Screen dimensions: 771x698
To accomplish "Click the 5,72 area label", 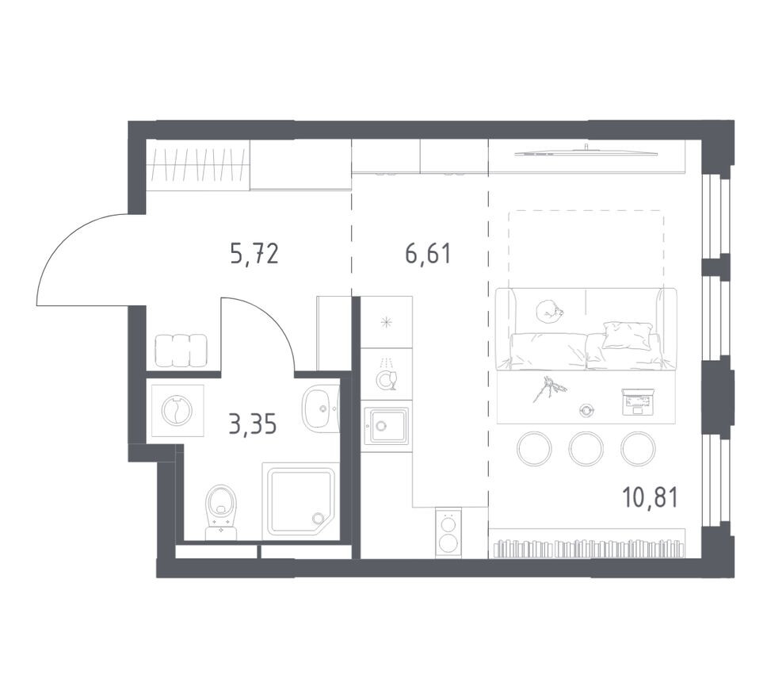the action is pos(254,254).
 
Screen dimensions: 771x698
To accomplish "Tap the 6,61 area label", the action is pos(428,254).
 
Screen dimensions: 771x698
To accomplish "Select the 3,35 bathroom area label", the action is pos(253,424).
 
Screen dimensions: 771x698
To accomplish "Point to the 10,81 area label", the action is pos(650,497).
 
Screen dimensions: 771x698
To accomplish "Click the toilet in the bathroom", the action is pos(221,512).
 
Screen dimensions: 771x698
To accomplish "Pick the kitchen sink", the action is pos(386,425).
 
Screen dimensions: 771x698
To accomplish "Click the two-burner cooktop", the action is pos(448,532).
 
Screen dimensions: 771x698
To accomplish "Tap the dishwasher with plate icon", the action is pos(386,374).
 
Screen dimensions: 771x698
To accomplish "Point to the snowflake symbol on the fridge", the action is pos(387,323).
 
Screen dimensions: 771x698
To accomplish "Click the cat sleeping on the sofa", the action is pos(549,311).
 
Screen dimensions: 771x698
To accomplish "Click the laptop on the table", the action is pos(638,401).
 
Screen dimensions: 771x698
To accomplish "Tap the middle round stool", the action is pos(586,448).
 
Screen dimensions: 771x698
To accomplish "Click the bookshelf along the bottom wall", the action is pos(588,543).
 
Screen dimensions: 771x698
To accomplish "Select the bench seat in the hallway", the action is pos(181,350).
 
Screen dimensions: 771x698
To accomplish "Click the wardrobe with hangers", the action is pos(198,165).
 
